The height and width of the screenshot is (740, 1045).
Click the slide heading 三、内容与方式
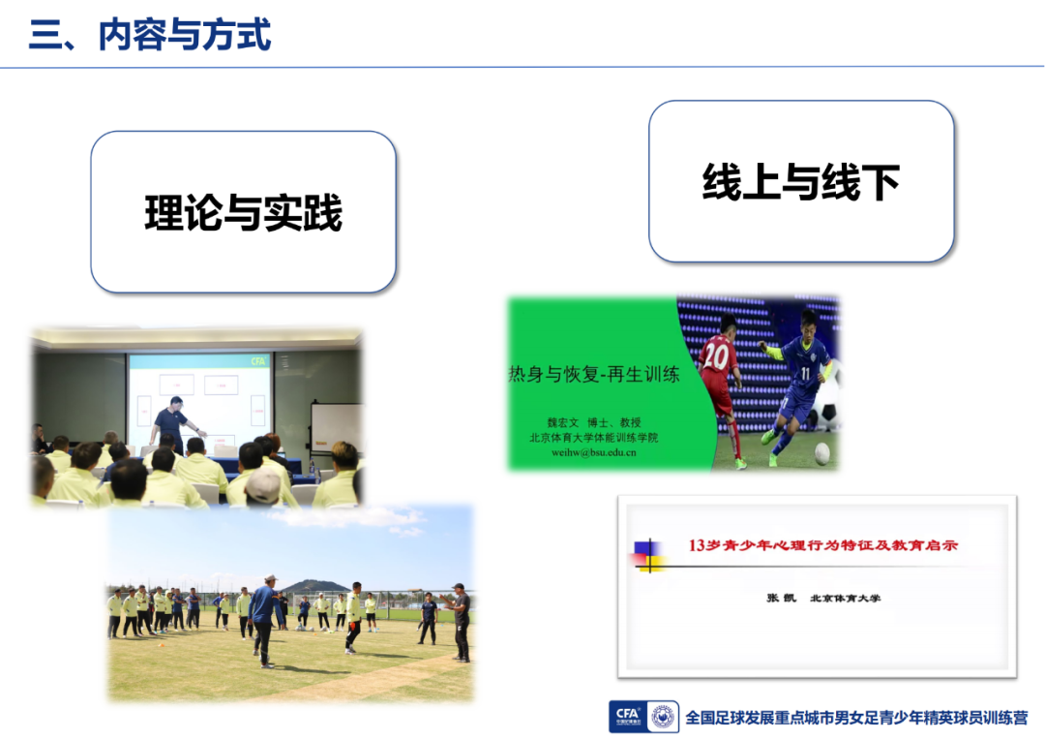[x=150, y=35]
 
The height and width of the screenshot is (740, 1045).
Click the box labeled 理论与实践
[x=243, y=212]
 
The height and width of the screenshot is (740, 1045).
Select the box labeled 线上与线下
[x=801, y=181]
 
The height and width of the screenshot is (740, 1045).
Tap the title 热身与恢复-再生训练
[x=594, y=374]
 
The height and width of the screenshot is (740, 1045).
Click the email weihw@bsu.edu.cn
[x=594, y=452]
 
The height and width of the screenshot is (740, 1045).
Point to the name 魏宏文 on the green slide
[x=563, y=422]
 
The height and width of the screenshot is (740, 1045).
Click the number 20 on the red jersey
[x=716, y=355]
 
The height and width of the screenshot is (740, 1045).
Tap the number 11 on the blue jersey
[x=805, y=372]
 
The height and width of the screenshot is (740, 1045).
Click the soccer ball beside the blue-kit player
[x=822, y=453]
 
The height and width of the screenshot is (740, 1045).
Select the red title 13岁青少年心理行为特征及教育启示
[x=823, y=545]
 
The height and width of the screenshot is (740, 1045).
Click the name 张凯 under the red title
[x=781, y=598]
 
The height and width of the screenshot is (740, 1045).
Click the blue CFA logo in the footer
[x=628, y=717]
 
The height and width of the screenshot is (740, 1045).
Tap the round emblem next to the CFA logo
[x=663, y=718]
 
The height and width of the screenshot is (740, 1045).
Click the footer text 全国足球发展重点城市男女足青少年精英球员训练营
[x=856, y=718]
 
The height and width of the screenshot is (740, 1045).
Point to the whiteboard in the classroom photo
[x=335, y=428]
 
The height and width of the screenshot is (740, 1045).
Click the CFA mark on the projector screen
[x=258, y=361]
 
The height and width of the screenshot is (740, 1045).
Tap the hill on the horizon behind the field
[x=315, y=587]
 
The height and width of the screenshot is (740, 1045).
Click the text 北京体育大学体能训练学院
[x=594, y=438]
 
